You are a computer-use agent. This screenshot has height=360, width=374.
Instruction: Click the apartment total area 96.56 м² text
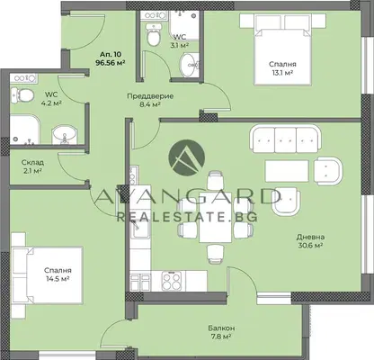pos(110,63)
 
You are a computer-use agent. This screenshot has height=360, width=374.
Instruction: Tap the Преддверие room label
pos(150,96)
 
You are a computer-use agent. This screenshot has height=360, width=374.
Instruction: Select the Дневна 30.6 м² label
pos(310,241)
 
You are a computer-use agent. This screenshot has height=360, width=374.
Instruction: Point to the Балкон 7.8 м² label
pos(222,332)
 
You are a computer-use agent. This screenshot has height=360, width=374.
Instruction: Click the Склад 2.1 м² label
pos(32,166)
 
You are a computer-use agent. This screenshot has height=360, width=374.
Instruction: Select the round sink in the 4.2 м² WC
pos(65,134)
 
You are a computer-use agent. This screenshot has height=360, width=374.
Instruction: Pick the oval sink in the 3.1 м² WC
pos(190,65)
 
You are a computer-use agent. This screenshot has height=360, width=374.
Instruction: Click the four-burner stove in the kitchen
pos(172,281)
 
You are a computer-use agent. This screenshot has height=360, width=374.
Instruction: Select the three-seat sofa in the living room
pos(286,139)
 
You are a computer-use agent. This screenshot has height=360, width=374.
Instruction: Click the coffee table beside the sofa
pos(287,171)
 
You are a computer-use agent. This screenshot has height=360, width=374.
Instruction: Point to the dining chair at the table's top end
pos(215,180)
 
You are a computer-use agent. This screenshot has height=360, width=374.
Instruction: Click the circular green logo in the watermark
pos(187,157)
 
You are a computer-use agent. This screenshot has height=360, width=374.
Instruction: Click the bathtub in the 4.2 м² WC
pos(25,130)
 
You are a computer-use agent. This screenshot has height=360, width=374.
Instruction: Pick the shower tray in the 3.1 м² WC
pos(184,25)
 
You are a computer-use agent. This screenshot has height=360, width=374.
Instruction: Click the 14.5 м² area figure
pos(58,279)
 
